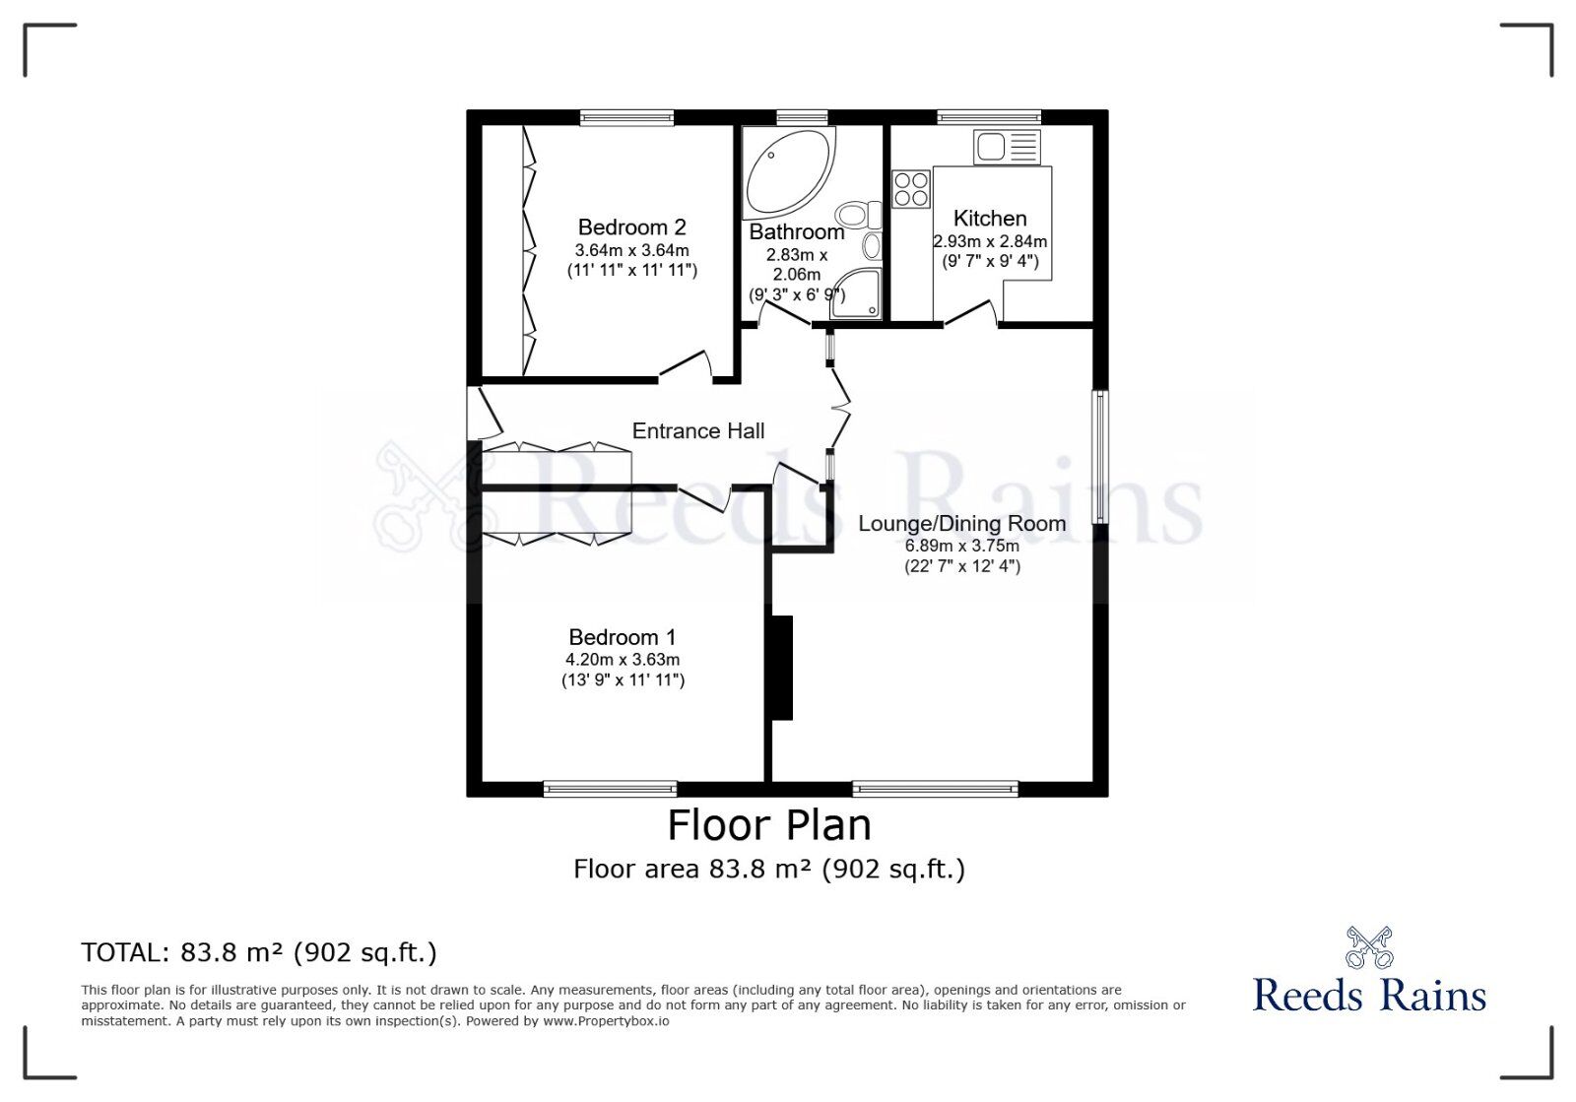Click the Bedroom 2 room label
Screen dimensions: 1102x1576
click(x=631, y=227)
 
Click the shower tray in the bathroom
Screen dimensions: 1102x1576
click(x=855, y=294)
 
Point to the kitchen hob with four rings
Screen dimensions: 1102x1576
click(x=910, y=189)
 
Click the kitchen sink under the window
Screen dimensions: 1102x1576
click(x=1006, y=148)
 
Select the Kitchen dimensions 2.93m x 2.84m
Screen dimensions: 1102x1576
click(x=990, y=241)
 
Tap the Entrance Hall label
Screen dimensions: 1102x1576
click(x=697, y=430)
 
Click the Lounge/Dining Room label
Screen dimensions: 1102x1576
click(x=961, y=523)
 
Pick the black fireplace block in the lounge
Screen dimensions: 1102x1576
click(x=781, y=668)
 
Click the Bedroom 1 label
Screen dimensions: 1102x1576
click(x=623, y=637)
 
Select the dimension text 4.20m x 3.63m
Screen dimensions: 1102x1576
click(x=623, y=660)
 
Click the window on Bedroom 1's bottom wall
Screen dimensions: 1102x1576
click(x=610, y=788)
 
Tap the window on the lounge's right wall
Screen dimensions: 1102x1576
click(x=1101, y=457)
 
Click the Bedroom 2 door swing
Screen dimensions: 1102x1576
click(x=688, y=366)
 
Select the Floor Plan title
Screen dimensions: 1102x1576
click(x=769, y=825)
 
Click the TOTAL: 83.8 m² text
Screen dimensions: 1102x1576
click(x=259, y=952)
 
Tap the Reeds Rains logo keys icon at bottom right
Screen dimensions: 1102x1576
click(x=1368, y=947)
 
